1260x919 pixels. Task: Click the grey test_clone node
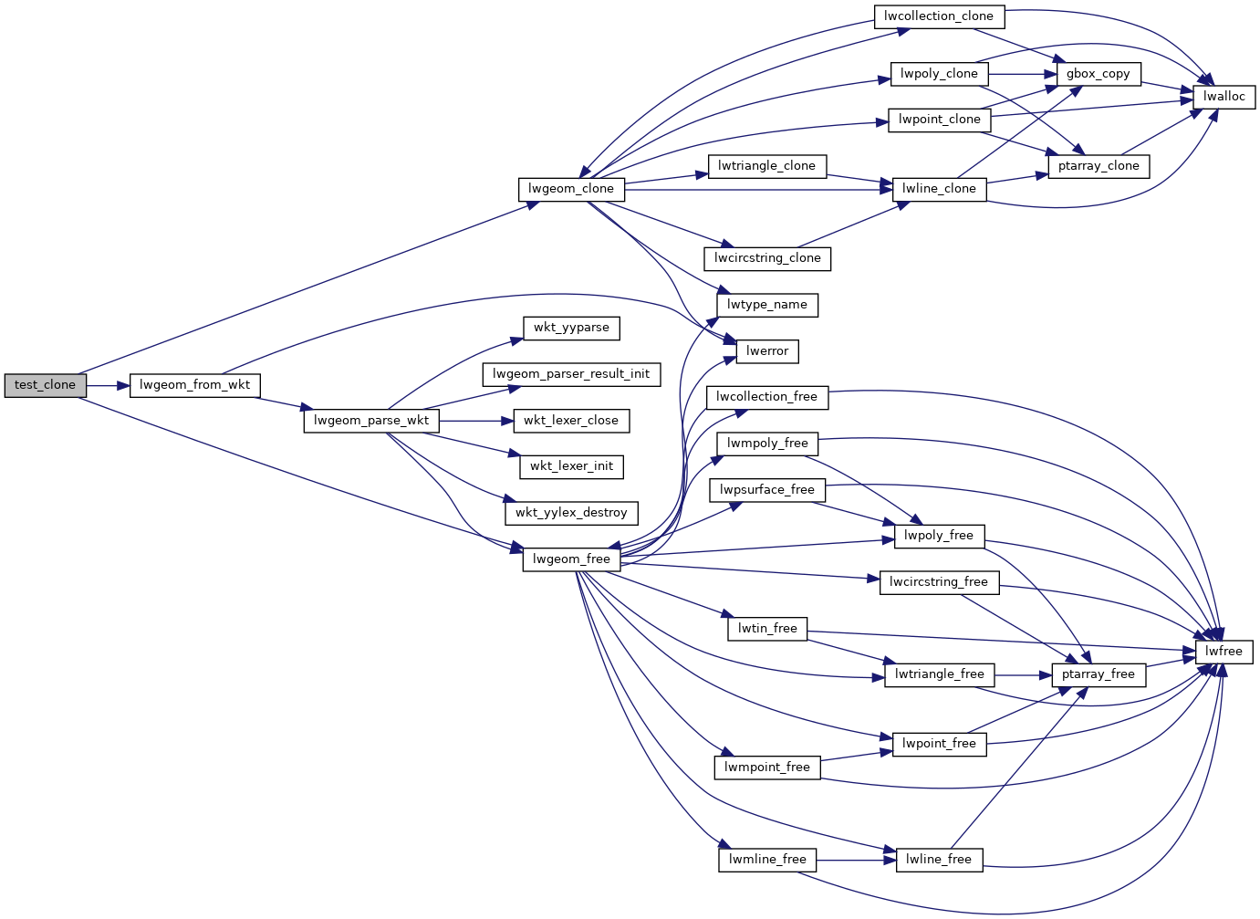coord(45,385)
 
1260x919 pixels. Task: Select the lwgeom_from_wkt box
coord(194,385)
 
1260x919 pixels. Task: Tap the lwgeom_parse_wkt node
coord(371,421)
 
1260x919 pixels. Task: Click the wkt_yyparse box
coord(571,328)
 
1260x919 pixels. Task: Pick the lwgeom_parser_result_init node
coord(571,374)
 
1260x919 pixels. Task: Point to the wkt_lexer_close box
coord(571,421)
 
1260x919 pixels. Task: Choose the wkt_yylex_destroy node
coord(571,513)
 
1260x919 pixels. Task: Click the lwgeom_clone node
coord(571,189)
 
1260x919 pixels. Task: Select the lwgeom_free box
coord(571,559)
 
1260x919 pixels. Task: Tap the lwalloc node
coord(1224,97)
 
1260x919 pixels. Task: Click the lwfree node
coord(1224,652)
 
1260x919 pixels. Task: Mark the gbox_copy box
coord(1099,74)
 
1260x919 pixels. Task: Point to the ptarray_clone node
coord(1099,166)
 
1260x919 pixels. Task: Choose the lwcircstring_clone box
coord(767,258)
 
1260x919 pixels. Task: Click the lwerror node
coord(767,351)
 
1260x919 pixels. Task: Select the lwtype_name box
coord(767,305)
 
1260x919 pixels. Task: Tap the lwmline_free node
coord(767,860)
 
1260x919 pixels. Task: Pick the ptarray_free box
coord(1099,674)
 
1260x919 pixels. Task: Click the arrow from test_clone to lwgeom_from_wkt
coord(108,385)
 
